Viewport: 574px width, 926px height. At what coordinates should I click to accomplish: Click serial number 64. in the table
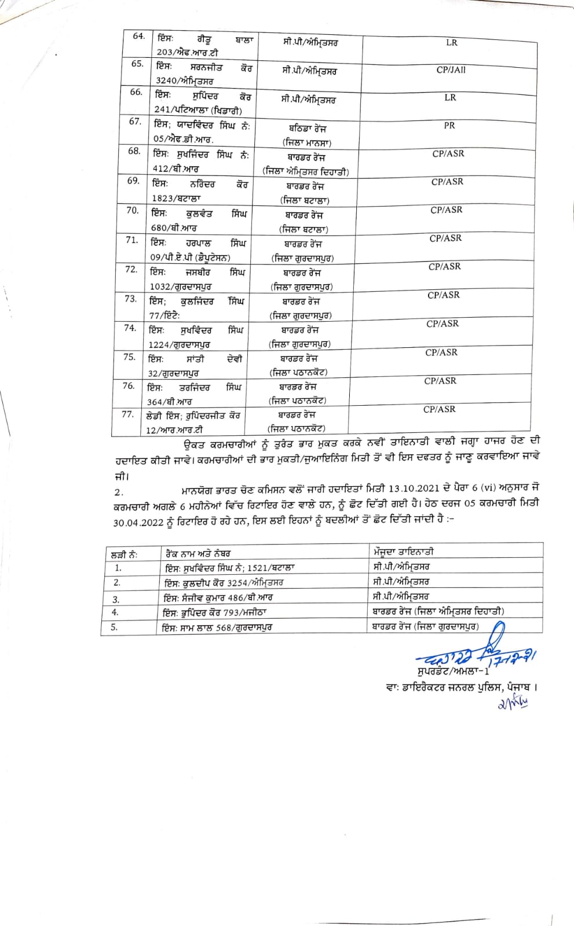pyautogui.click(x=138, y=36)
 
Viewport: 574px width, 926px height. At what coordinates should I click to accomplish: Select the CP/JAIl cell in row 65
pyautogui.click(x=451, y=70)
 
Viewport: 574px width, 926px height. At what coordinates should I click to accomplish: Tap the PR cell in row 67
pyautogui.click(x=449, y=125)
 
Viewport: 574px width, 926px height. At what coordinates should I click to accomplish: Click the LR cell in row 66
pyautogui.click(x=450, y=97)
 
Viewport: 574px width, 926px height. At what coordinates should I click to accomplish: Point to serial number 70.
pyautogui.click(x=132, y=211)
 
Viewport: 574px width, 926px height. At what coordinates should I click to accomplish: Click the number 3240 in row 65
pyautogui.click(x=166, y=81)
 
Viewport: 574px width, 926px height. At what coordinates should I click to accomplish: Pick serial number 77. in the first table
pyautogui.click(x=127, y=414)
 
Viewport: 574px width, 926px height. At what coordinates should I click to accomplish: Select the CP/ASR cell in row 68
pyautogui.click(x=448, y=153)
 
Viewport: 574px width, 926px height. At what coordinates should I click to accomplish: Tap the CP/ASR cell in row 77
pyautogui.click(x=439, y=409)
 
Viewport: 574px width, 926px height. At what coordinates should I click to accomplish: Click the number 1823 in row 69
pyautogui.click(x=163, y=199)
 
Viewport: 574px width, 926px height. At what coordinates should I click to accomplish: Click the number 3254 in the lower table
pyautogui.click(x=237, y=583)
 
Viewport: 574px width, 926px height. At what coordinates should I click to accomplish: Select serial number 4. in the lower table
pyautogui.click(x=115, y=612)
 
